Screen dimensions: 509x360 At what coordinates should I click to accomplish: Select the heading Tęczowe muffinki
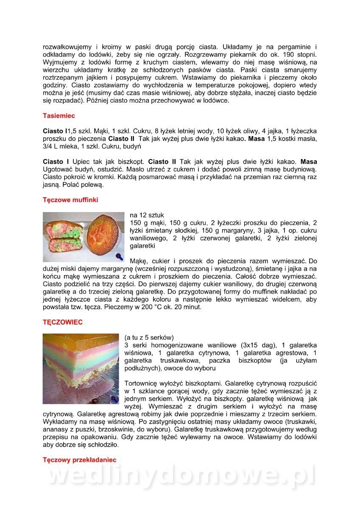pos(70,200)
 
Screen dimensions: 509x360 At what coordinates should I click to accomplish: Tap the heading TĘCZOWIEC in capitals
pos(62,322)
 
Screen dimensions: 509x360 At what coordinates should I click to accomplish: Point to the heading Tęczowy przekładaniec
pos(79,459)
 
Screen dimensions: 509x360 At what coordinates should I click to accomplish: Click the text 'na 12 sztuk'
pos(147,215)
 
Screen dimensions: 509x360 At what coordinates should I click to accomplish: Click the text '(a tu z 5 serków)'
pos(149,337)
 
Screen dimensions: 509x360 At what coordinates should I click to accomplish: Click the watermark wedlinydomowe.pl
pos(180,476)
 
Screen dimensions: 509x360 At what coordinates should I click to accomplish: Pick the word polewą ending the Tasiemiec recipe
pos(92,185)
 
